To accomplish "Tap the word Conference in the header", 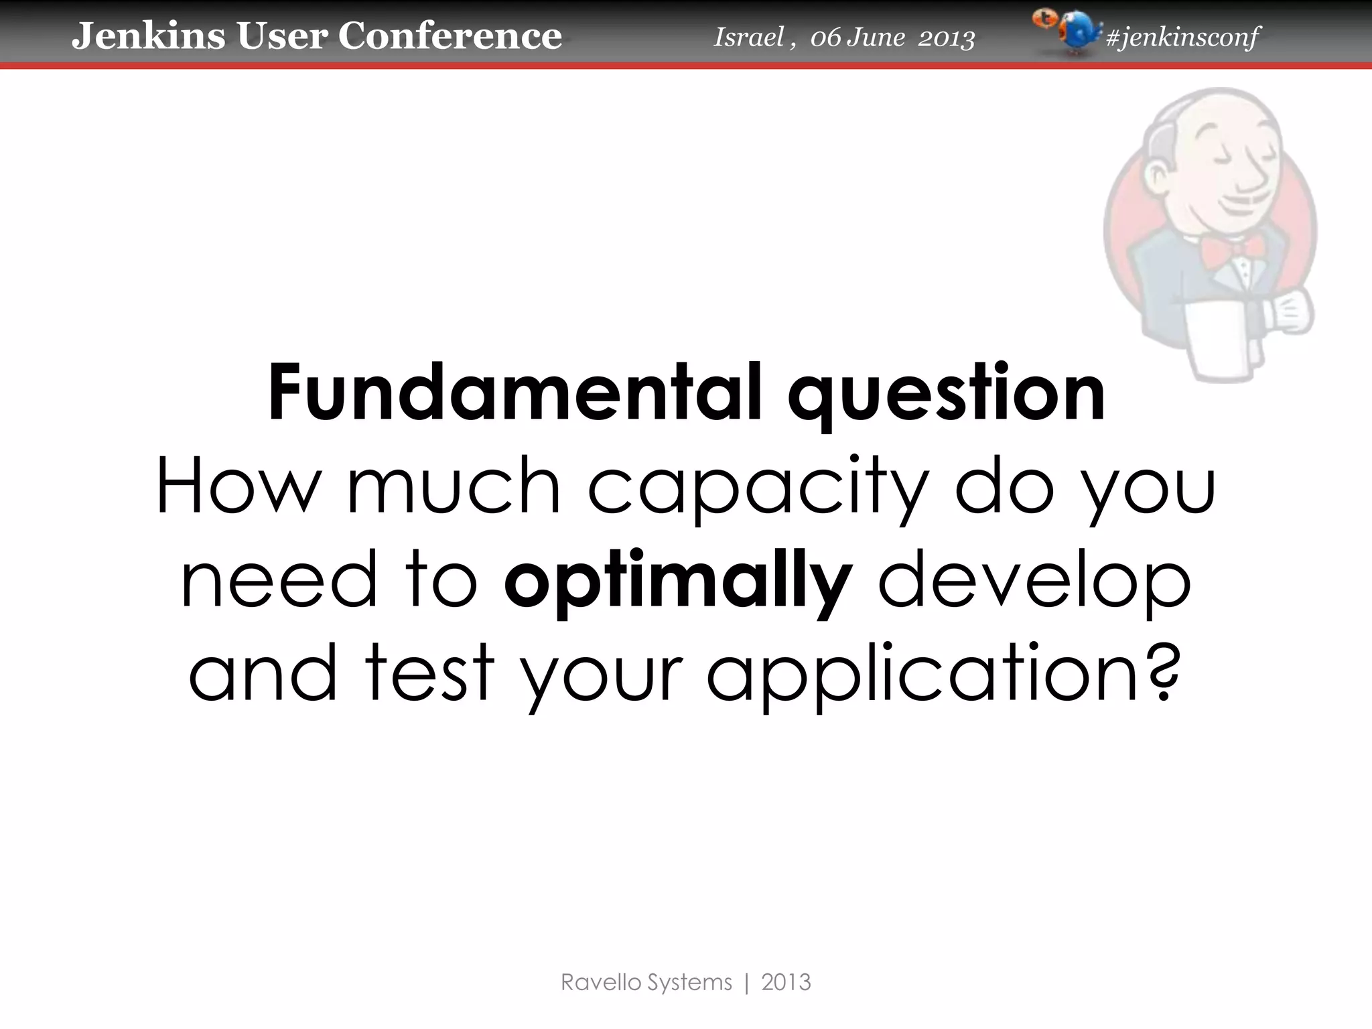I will pyautogui.click(x=450, y=36).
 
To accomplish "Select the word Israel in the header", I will pyautogui.click(x=748, y=38).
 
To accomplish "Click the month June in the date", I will pyautogui.click(x=876, y=38).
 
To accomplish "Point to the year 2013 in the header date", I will pyautogui.click(x=946, y=38).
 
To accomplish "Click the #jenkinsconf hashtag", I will pyautogui.click(x=1182, y=38).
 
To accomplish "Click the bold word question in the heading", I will pyautogui.click(x=946, y=395).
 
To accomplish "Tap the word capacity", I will pyautogui.click(x=758, y=487).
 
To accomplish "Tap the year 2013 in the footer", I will pyautogui.click(x=786, y=983).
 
